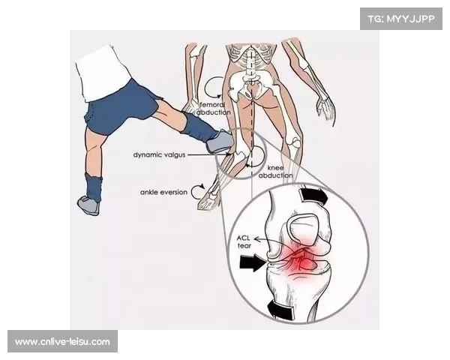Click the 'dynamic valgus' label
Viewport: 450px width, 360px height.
tap(159, 155)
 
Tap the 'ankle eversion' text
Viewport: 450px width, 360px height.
tap(163, 192)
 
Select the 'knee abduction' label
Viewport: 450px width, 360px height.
tap(275, 172)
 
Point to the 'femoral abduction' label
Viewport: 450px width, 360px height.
tap(214, 109)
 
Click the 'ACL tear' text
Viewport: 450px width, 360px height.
tap(244, 241)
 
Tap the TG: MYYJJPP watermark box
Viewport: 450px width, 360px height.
tap(401, 19)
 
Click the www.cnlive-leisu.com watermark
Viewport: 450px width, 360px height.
tap(62, 342)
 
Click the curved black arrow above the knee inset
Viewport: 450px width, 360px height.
tap(313, 196)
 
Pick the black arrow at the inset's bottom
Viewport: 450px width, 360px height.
tap(280, 311)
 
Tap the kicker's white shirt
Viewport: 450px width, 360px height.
tap(103, 73)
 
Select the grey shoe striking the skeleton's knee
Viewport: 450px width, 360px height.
tap(219, 142)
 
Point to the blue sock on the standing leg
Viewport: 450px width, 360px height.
tap(94, 187)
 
